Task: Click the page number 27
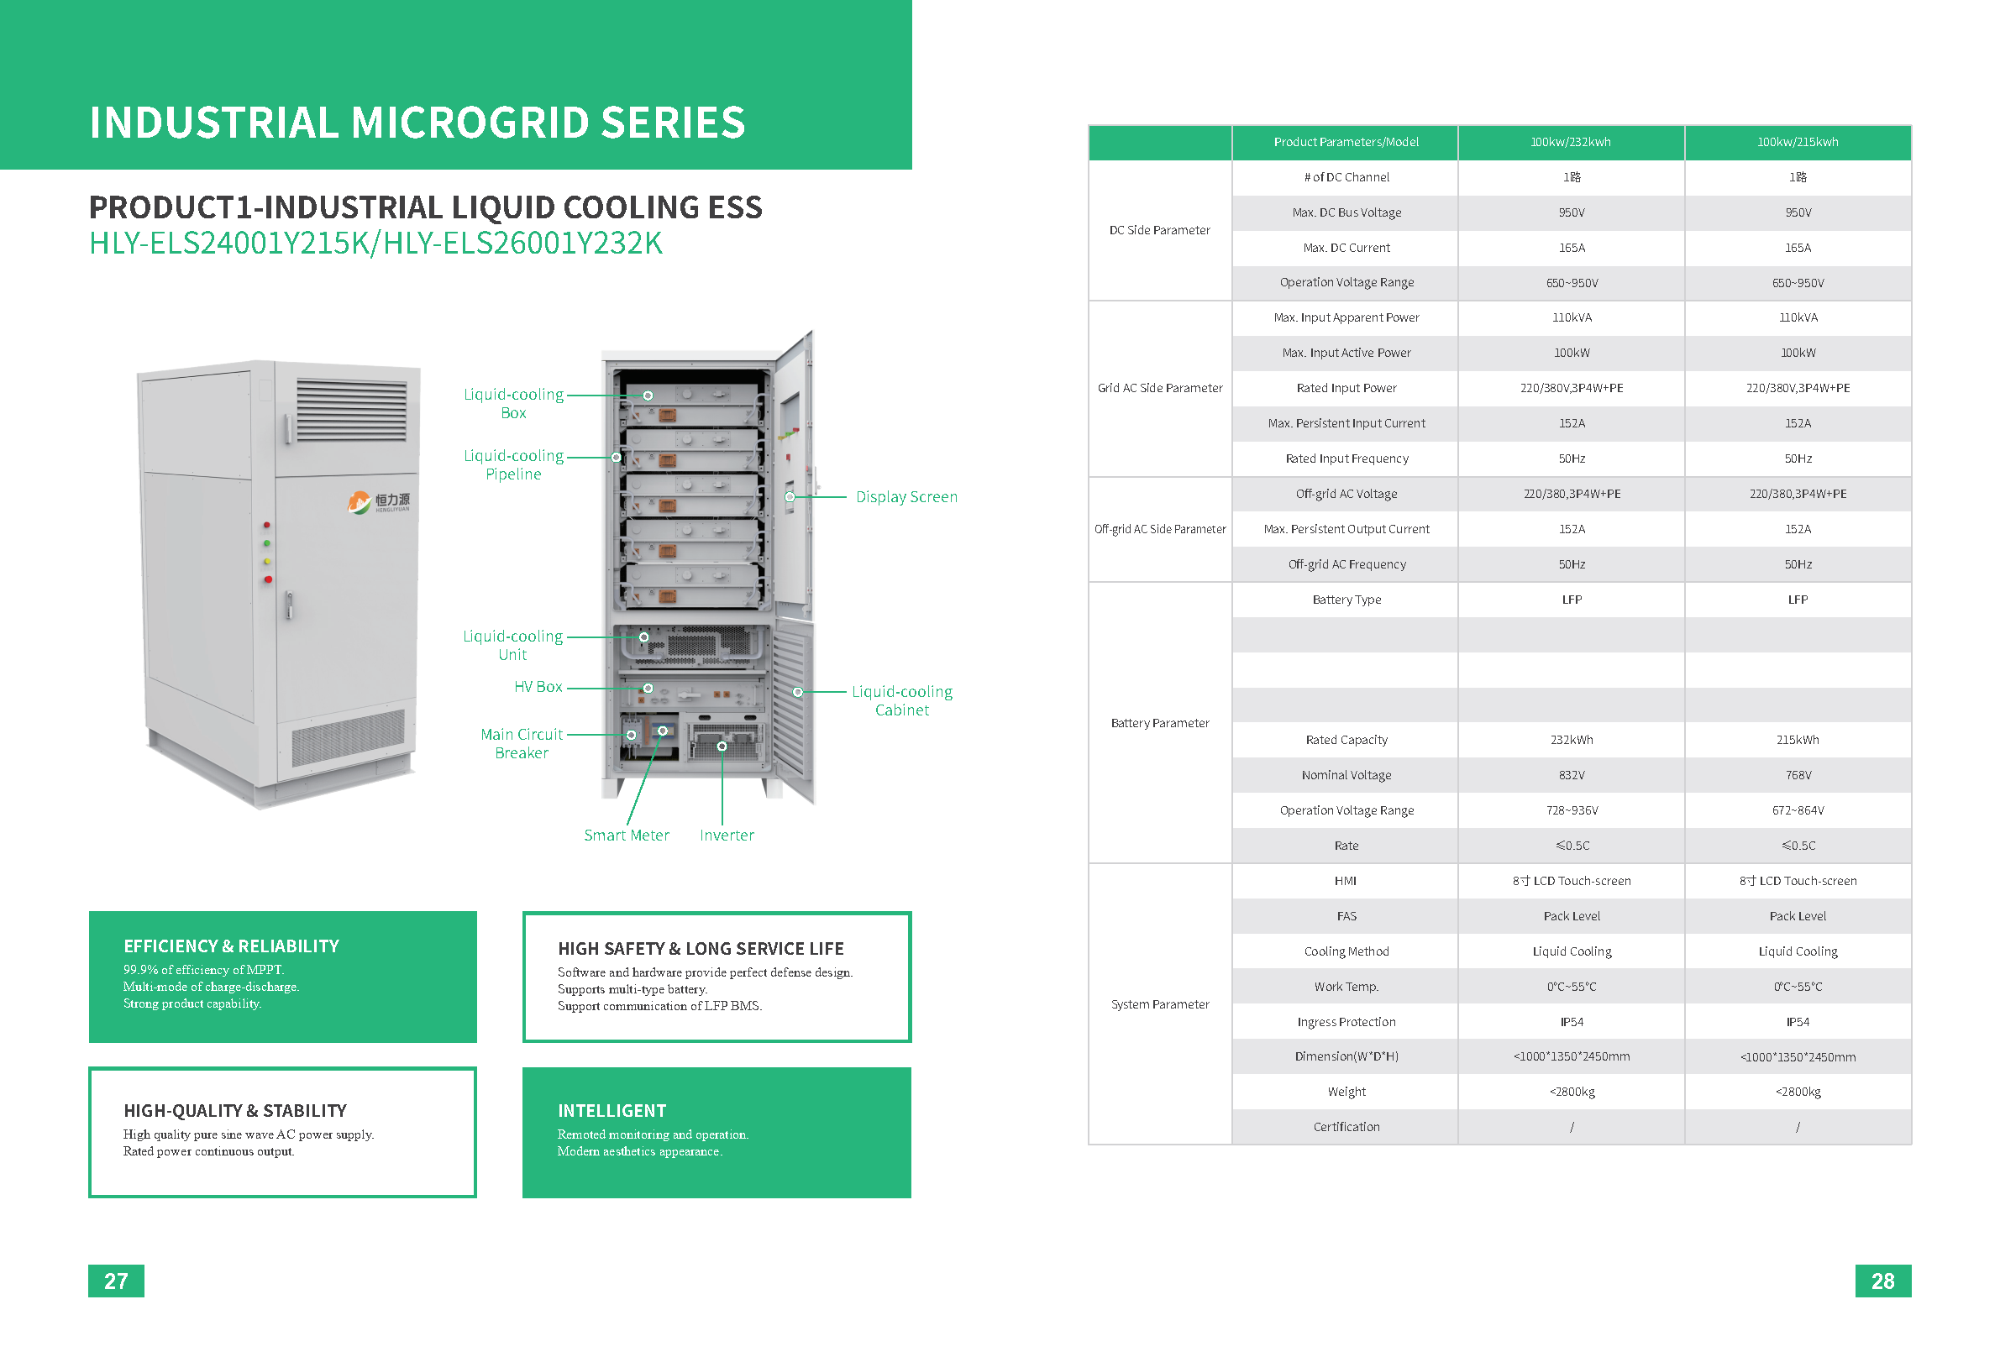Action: (x=116, y=1281)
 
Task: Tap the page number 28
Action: (x=1882, y=1281)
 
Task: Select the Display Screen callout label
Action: (x=906, y=496)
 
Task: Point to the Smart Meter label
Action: (x=626, y=835)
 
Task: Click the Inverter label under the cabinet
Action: (x=727, y=835)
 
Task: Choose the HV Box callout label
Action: (x=538, y=687)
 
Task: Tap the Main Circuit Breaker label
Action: (x=522, y=743)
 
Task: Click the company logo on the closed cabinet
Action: (x=380, y=501)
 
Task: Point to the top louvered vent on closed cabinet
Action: (x=351, y=410)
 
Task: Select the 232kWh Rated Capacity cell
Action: (x=1572, y=740)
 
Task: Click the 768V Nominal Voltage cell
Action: (x=1798, y=775)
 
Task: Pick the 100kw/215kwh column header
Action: (x=1798, y=142)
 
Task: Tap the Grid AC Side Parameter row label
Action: (x=1159, y=388)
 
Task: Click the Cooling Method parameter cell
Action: (x=1346, y=951)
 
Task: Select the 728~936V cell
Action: (x=1572, y=810)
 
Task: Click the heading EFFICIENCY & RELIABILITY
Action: (x=232, y=946)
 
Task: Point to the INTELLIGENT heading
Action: (x=612, y=1111)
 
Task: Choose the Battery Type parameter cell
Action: (x=1346, y=600)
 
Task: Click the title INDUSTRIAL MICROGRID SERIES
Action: (x=417, y=123)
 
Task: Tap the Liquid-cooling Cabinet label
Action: (x=902, y=700)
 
